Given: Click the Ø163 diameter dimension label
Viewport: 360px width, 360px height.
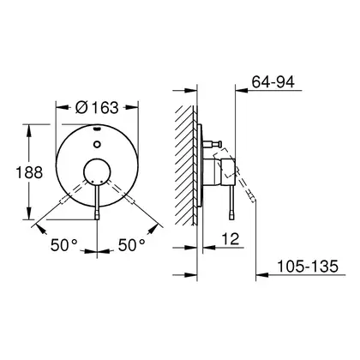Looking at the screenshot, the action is coord(97,107).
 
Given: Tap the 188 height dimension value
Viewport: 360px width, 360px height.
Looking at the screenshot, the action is coord(29,172).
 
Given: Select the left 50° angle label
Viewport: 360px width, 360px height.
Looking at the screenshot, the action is coord(63,245).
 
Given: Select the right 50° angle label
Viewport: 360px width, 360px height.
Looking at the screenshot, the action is coord(132,245).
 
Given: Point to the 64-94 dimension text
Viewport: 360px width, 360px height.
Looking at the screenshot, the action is coord(273,82).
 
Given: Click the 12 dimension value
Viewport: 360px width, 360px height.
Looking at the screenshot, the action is coord(231,238).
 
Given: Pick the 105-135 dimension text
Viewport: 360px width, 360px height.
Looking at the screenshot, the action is coord(308,267).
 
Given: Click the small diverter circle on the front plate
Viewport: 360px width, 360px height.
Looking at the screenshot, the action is coord(97,144).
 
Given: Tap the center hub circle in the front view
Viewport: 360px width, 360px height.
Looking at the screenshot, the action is coord(97,171).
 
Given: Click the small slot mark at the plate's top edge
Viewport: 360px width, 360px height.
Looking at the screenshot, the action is coord(97,129).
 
